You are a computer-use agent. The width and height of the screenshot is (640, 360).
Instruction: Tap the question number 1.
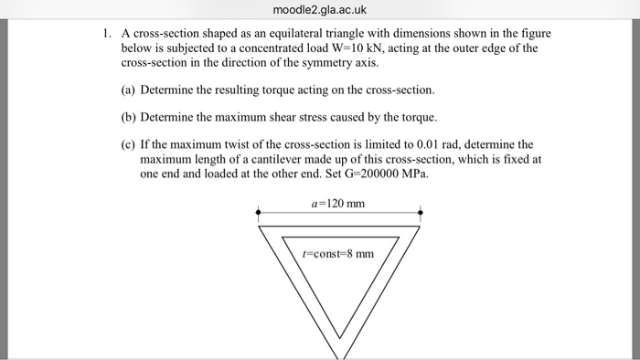107,33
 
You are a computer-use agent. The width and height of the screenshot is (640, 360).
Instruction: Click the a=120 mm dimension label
339,202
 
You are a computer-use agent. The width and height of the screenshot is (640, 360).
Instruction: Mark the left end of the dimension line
260,212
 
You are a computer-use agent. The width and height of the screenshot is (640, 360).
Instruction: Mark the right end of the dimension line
421,212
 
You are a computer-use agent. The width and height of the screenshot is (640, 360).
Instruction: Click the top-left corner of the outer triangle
260,226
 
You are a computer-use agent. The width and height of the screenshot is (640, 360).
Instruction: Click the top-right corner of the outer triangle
421,226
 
